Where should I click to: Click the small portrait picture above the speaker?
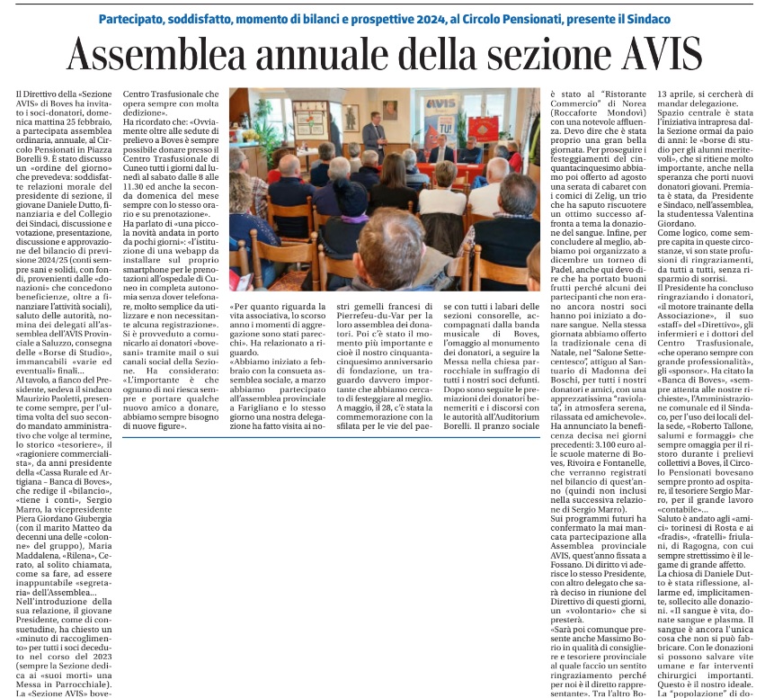coord(390,109)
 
